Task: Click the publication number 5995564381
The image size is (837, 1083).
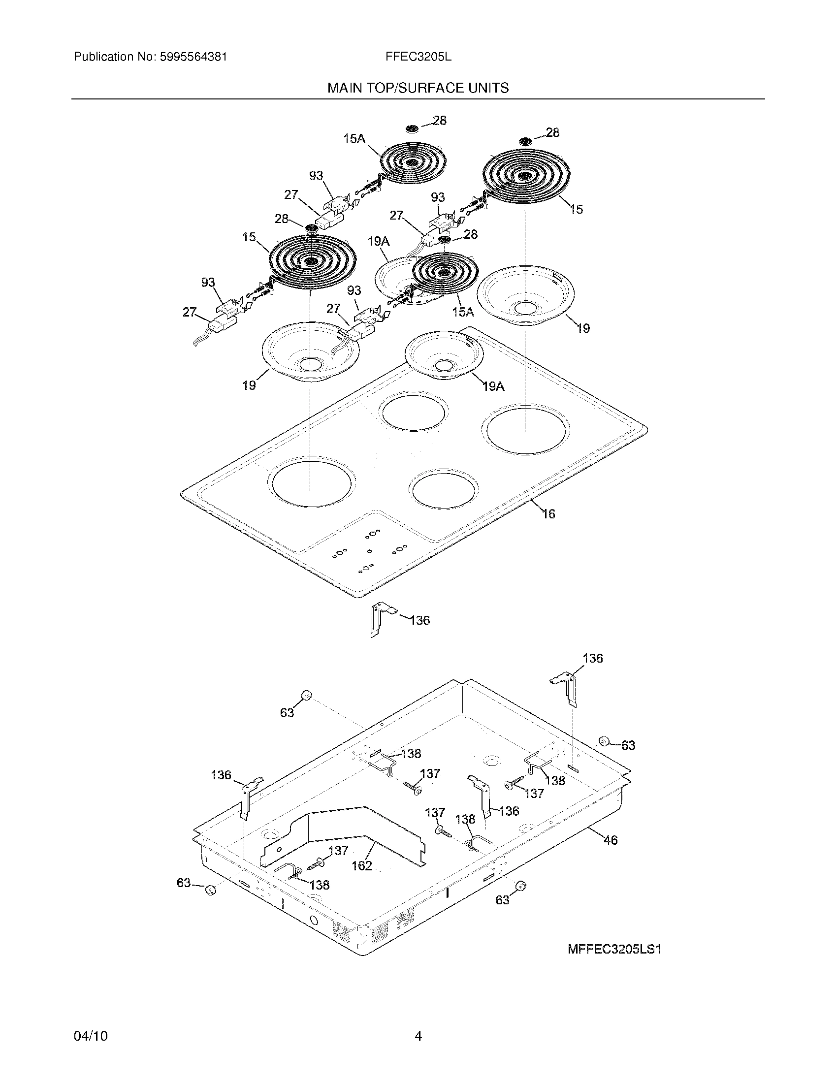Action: point(193,57)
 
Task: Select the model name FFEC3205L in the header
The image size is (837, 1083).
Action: point(418,57)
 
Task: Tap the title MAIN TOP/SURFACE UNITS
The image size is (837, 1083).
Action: point(418,88)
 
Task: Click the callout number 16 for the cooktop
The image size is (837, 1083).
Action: point(548,514)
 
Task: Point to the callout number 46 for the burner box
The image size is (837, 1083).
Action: point(611,839)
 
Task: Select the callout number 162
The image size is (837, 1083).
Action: point(361,865)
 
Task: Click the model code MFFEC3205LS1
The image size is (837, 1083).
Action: point(614,949)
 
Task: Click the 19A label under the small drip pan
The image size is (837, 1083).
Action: point(493,386)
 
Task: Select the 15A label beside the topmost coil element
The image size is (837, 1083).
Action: point(354,138)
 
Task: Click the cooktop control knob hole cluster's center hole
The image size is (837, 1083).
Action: point(369,551)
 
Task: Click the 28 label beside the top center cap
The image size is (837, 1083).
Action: point(439,120)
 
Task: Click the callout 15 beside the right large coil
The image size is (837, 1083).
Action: point(576,209)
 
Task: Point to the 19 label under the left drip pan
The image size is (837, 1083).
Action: point(249,385)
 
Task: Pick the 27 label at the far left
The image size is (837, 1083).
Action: point(190,312)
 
